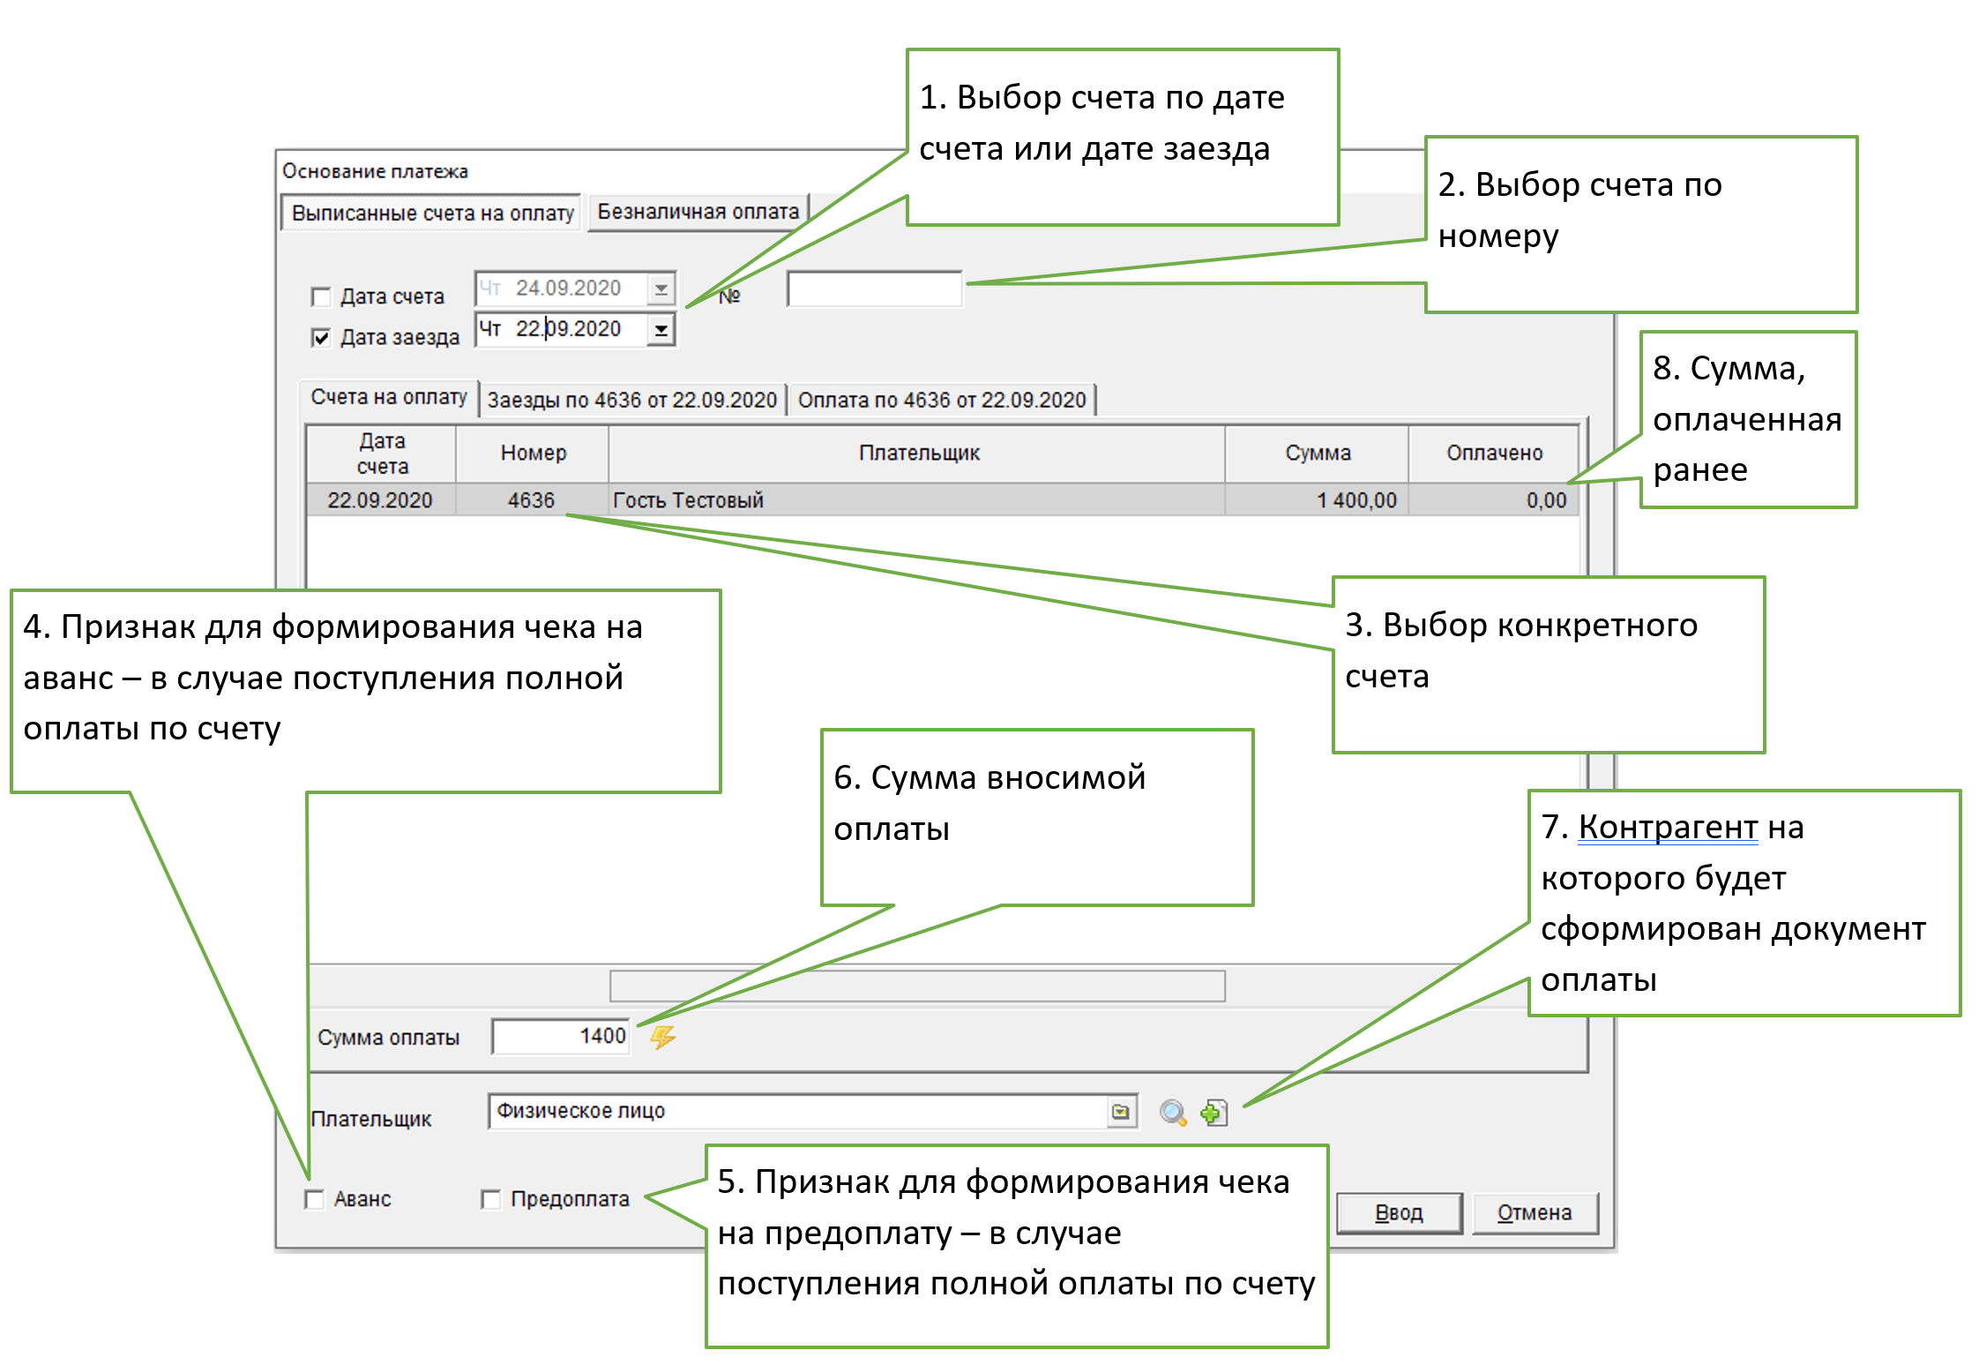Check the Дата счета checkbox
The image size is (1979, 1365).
321,296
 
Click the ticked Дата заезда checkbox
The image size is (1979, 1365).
321,337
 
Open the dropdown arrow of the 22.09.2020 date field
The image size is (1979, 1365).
661,330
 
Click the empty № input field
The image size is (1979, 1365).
873,289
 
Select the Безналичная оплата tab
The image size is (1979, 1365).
698,212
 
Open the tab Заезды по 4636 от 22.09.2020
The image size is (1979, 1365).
631,400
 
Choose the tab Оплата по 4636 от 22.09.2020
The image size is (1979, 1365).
941,400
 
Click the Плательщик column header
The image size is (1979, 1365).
918,453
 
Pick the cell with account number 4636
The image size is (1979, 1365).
531,500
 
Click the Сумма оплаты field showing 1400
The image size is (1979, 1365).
562,1036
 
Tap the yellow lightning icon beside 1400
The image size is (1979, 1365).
662,1037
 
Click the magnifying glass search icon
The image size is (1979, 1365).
1172,1113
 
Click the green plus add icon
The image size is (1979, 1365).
1214,1113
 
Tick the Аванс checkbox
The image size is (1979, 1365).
315,1199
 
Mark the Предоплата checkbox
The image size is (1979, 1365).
491,1199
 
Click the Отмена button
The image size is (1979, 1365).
1534,1213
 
